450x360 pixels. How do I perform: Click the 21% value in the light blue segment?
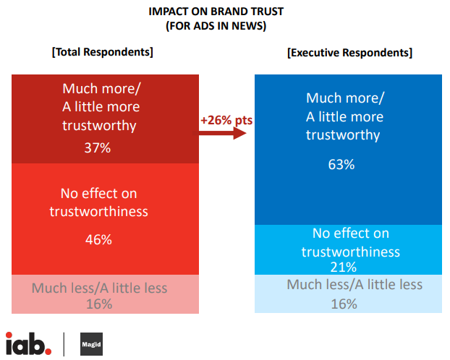click(x=347, y=267)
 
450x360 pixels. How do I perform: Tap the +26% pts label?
click(x=226, y=120)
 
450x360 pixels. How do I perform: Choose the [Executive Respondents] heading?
click(x=350, y=53)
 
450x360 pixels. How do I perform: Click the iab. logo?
click(x=28, y=343)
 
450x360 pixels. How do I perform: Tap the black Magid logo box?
click(x=90, y=344)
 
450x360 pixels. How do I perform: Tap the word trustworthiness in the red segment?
click(x=98, y=211)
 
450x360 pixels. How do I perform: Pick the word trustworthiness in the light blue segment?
click(x=351, y=252)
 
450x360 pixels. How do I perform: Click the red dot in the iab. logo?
click(x=48, y=351)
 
